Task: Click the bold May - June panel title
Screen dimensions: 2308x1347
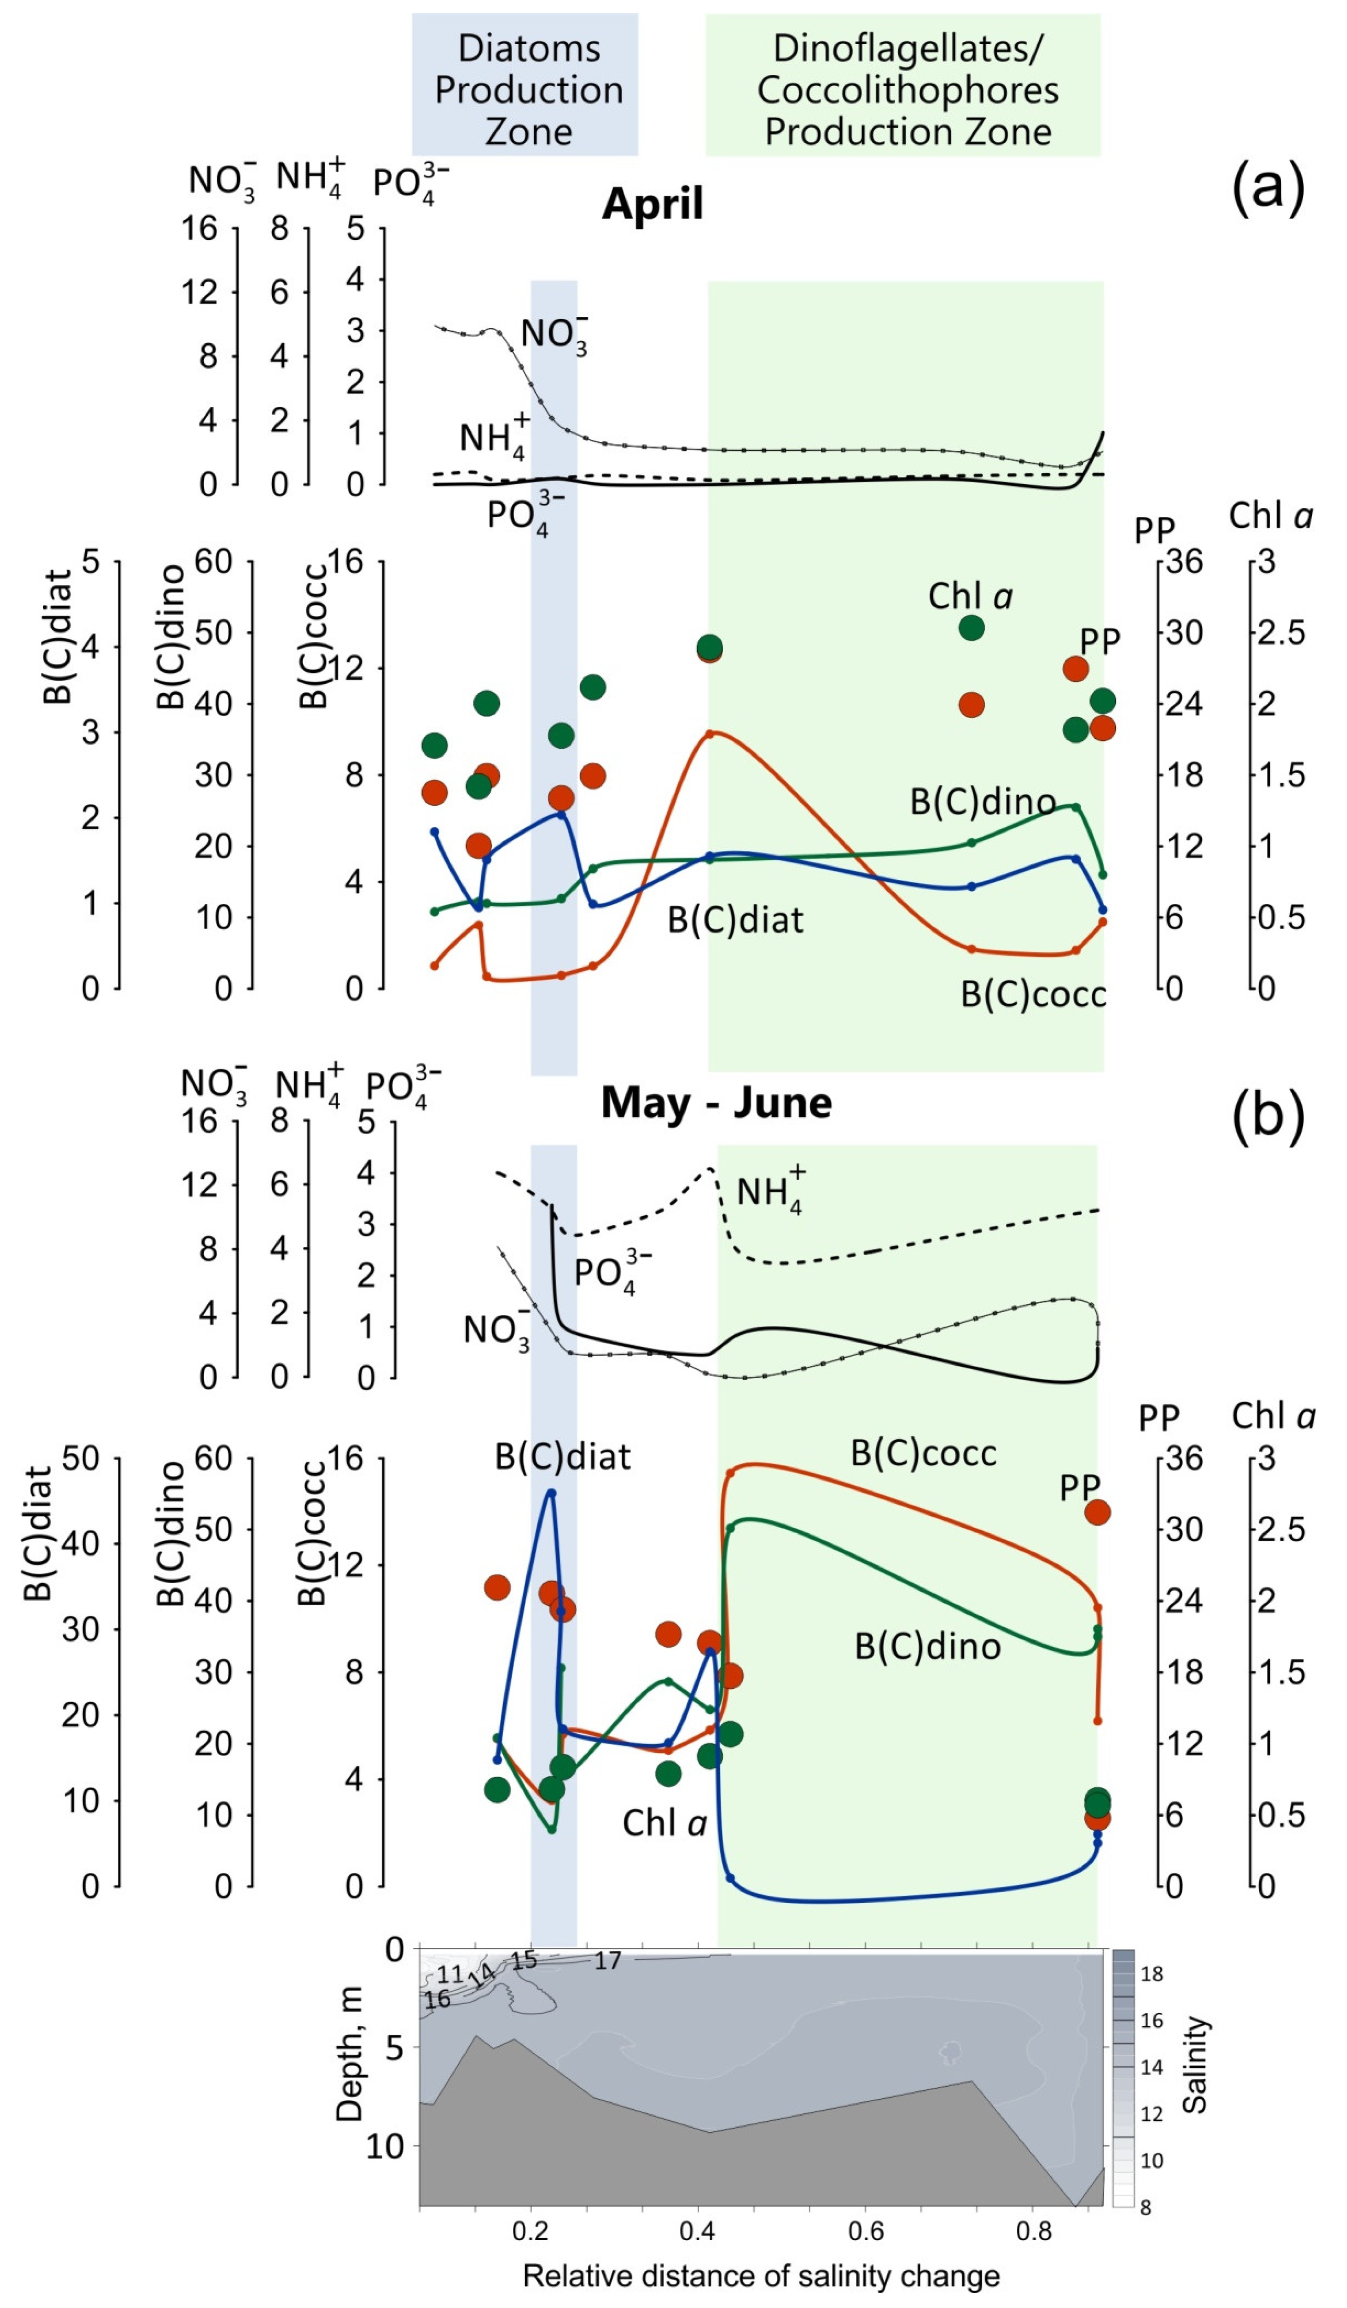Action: (716, 1103)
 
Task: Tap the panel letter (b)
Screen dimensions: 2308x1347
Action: (1268, 1117)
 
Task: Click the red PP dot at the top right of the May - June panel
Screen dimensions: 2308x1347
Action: (1097, 1512)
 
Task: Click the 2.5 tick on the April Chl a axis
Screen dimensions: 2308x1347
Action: (1282, 632)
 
